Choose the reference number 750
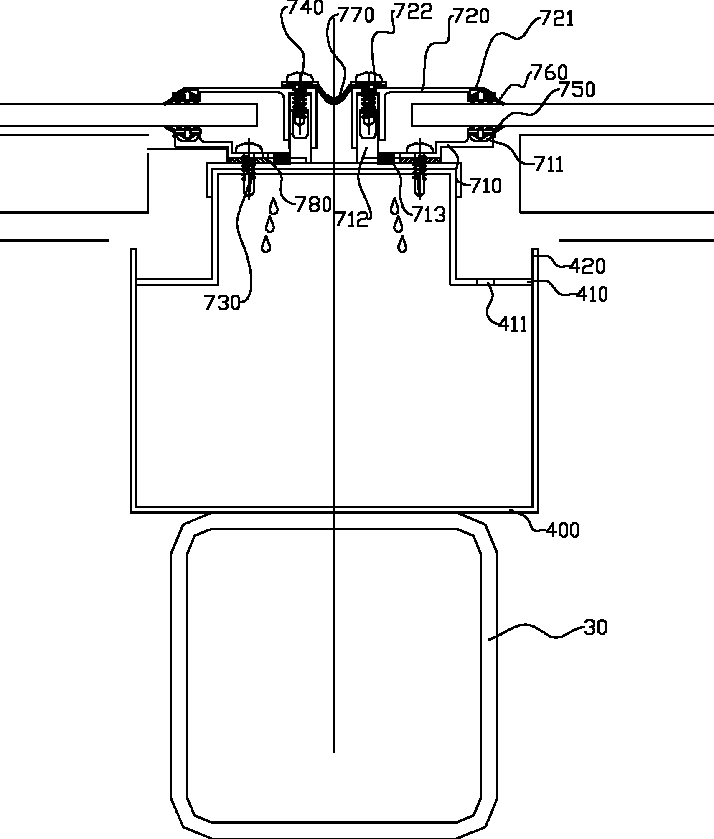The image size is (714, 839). (x=577, y=89)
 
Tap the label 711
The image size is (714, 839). (x=549, y=165)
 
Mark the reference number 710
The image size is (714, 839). (x=485, y=186)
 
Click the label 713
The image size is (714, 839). (x=429, y=215)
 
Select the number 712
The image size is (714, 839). (x=352, y=219)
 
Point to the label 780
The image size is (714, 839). (x=313, y=205)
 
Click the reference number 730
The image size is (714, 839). (x=222, y=302)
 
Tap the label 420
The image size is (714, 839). (x=587, y=266)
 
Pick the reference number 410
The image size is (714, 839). (x=592, y=295)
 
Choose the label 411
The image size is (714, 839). (x=513, y=324)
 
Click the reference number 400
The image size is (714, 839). (x=562, y=530)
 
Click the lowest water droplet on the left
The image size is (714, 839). (x=266, y=244)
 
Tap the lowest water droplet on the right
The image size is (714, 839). (x=402, y=244)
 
